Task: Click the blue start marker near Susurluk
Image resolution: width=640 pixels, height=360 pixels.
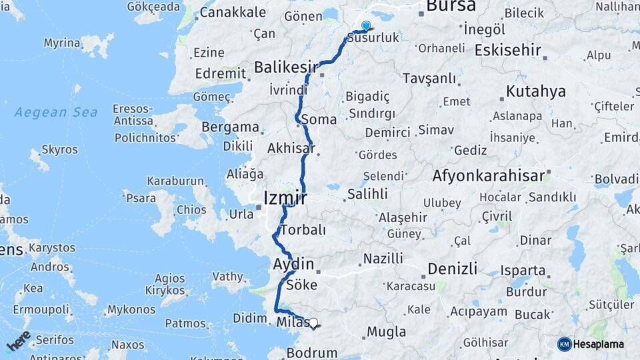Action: tap(365, 26)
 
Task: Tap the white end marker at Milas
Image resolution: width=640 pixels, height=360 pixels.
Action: tap(313, 323)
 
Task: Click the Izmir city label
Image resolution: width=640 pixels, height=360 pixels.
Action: tap(285, 198)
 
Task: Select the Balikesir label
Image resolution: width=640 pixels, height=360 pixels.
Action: tap(285, 67)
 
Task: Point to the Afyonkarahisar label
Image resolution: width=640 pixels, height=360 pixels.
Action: tap(489, 176)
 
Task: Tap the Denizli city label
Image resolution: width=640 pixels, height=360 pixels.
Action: tap(453, 269)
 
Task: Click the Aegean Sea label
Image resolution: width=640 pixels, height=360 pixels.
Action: tap(56, 112)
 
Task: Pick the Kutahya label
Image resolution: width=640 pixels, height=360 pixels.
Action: tap(535, 91)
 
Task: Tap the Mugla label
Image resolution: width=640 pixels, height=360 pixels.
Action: tap(386, 331)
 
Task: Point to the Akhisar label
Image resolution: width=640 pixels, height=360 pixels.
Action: tap(291, 148)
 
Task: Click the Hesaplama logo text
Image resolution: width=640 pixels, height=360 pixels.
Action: tap(599, 344)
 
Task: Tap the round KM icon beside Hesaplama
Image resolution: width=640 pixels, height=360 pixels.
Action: tap(564, 344)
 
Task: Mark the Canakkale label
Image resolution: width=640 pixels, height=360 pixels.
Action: tap(233, 12)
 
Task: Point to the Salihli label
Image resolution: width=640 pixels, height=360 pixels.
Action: tap(367, 194)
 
